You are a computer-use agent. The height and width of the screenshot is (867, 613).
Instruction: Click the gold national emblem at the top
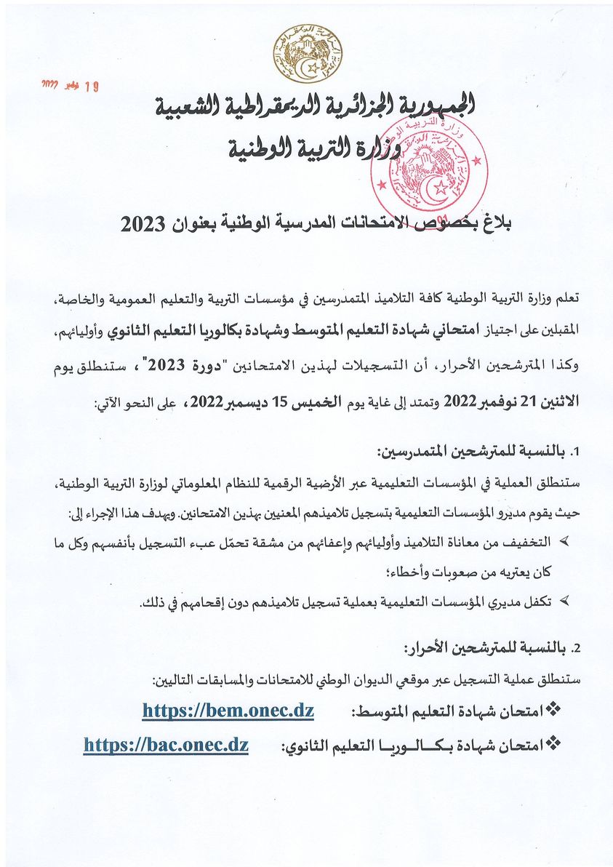306,55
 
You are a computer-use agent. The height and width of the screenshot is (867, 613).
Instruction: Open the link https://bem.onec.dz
228,711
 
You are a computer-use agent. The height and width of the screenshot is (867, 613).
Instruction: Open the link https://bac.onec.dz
166,746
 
